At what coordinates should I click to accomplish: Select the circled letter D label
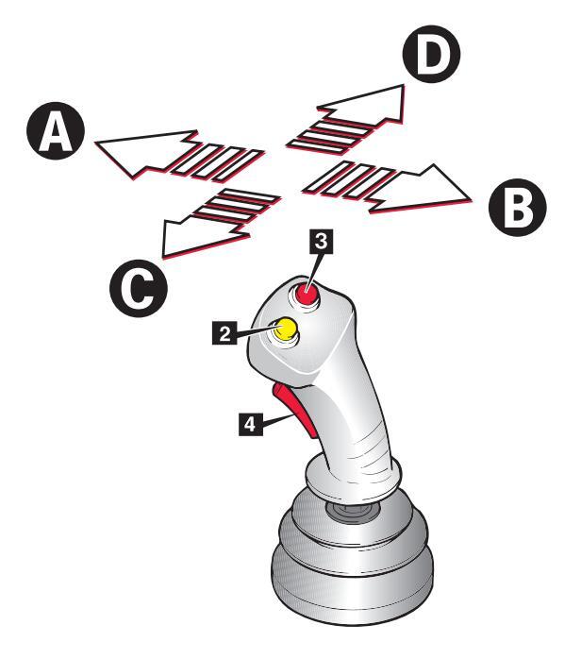click(430, 55)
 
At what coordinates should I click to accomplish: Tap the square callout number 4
click(250, 425)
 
